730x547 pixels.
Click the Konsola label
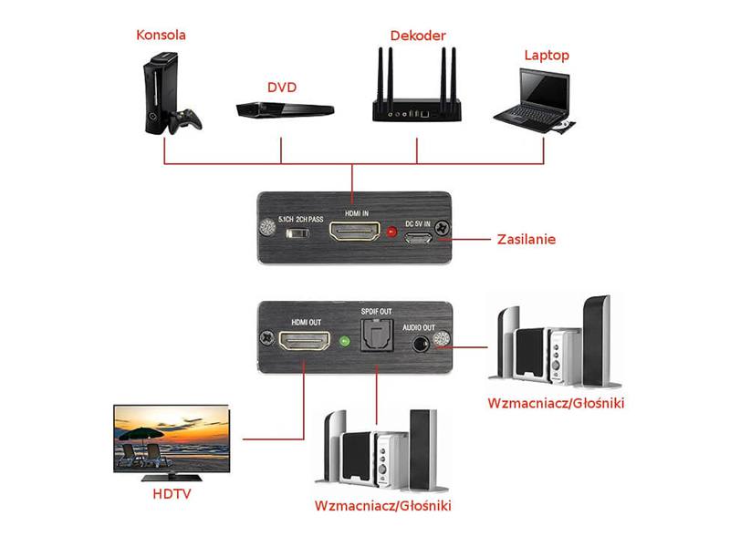(161, 36)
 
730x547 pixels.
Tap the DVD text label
(281, 88)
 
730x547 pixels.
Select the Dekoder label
(417, 36)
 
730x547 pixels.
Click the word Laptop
(547, 56)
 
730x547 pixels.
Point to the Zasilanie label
(527, 240)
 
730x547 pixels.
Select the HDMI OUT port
(306, 344)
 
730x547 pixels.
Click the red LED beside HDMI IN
(392, 232)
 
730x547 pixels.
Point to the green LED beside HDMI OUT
(344, 344)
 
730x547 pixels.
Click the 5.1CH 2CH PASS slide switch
(296, 235)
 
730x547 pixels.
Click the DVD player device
(280, 110)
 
